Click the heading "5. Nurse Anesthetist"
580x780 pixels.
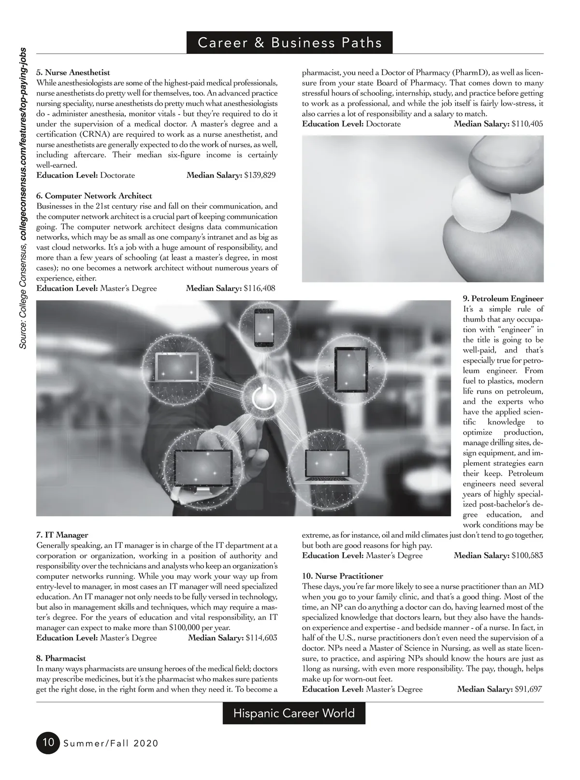point(73,73)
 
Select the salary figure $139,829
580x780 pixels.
point(260,175)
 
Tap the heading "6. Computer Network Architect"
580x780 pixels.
point(94,196)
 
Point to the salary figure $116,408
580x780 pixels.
point(260,288)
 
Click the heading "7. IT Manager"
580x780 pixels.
point(62,535)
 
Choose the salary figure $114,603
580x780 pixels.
point(261,638)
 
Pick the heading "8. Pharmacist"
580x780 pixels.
point(61,658)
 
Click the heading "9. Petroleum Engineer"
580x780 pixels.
point(503,299)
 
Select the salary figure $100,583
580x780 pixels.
point(527,556)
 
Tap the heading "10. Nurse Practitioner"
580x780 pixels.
point(343,576)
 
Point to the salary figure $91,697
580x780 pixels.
point(528,689)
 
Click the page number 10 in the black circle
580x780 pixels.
point(47,742)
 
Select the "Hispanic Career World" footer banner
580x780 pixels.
point(294,713)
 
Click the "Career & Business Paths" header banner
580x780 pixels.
point(290,43)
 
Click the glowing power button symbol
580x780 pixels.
point(263,398)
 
